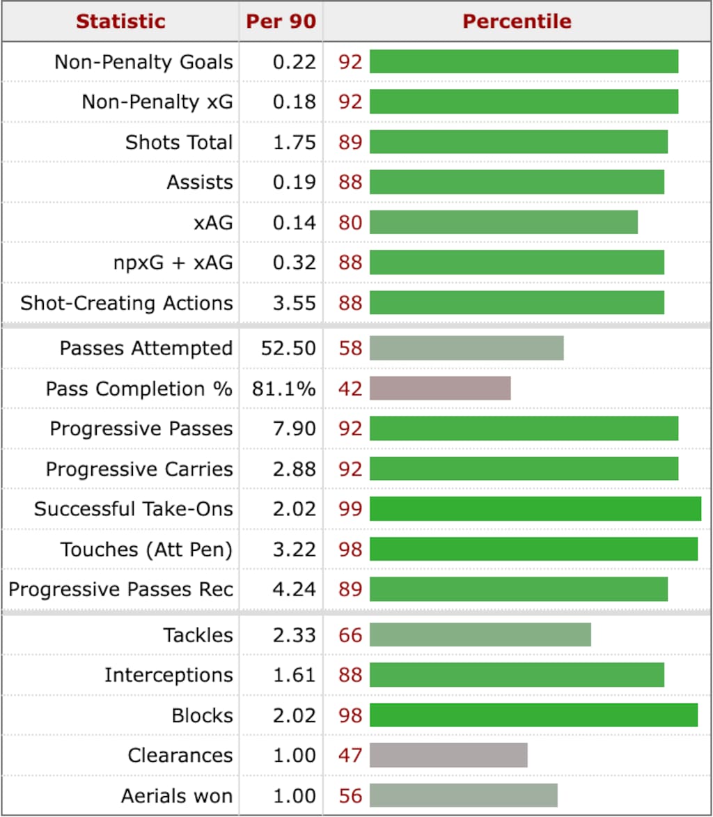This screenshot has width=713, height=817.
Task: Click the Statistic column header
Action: [x=120, y=21]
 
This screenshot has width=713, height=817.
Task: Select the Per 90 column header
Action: [x=281, y=21]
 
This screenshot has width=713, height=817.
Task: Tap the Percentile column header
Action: [x=517, y=21]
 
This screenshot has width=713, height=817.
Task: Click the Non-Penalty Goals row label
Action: [x=143, y=62]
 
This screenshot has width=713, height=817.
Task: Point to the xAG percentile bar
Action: [x=503, y=222]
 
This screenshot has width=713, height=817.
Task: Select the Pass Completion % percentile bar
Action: [x=440, y=388]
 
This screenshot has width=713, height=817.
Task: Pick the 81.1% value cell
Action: [x=284, y=388]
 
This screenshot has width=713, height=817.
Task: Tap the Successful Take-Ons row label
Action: [x=133, y=509]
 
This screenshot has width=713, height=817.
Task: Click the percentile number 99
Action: [x=350, y=509]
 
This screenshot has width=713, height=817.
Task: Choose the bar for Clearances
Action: [x=448, y=755]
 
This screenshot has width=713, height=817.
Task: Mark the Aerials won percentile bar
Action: [x=464, y=795]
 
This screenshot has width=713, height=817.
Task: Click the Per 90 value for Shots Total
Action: [x=294, y=142]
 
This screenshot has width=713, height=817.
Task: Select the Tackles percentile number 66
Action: [x=350, y=635]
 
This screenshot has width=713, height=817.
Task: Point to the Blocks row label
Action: [x=202, y=715]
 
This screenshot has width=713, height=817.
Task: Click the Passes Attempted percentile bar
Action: [x=467, y=348]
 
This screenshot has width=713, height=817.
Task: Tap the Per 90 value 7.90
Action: [x=294, y=428]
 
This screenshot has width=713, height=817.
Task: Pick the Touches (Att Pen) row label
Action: [x=146, y=550]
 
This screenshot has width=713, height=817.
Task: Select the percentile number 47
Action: [x=350, y=755]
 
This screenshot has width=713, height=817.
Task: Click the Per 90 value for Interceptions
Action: [x=294, y=675]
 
